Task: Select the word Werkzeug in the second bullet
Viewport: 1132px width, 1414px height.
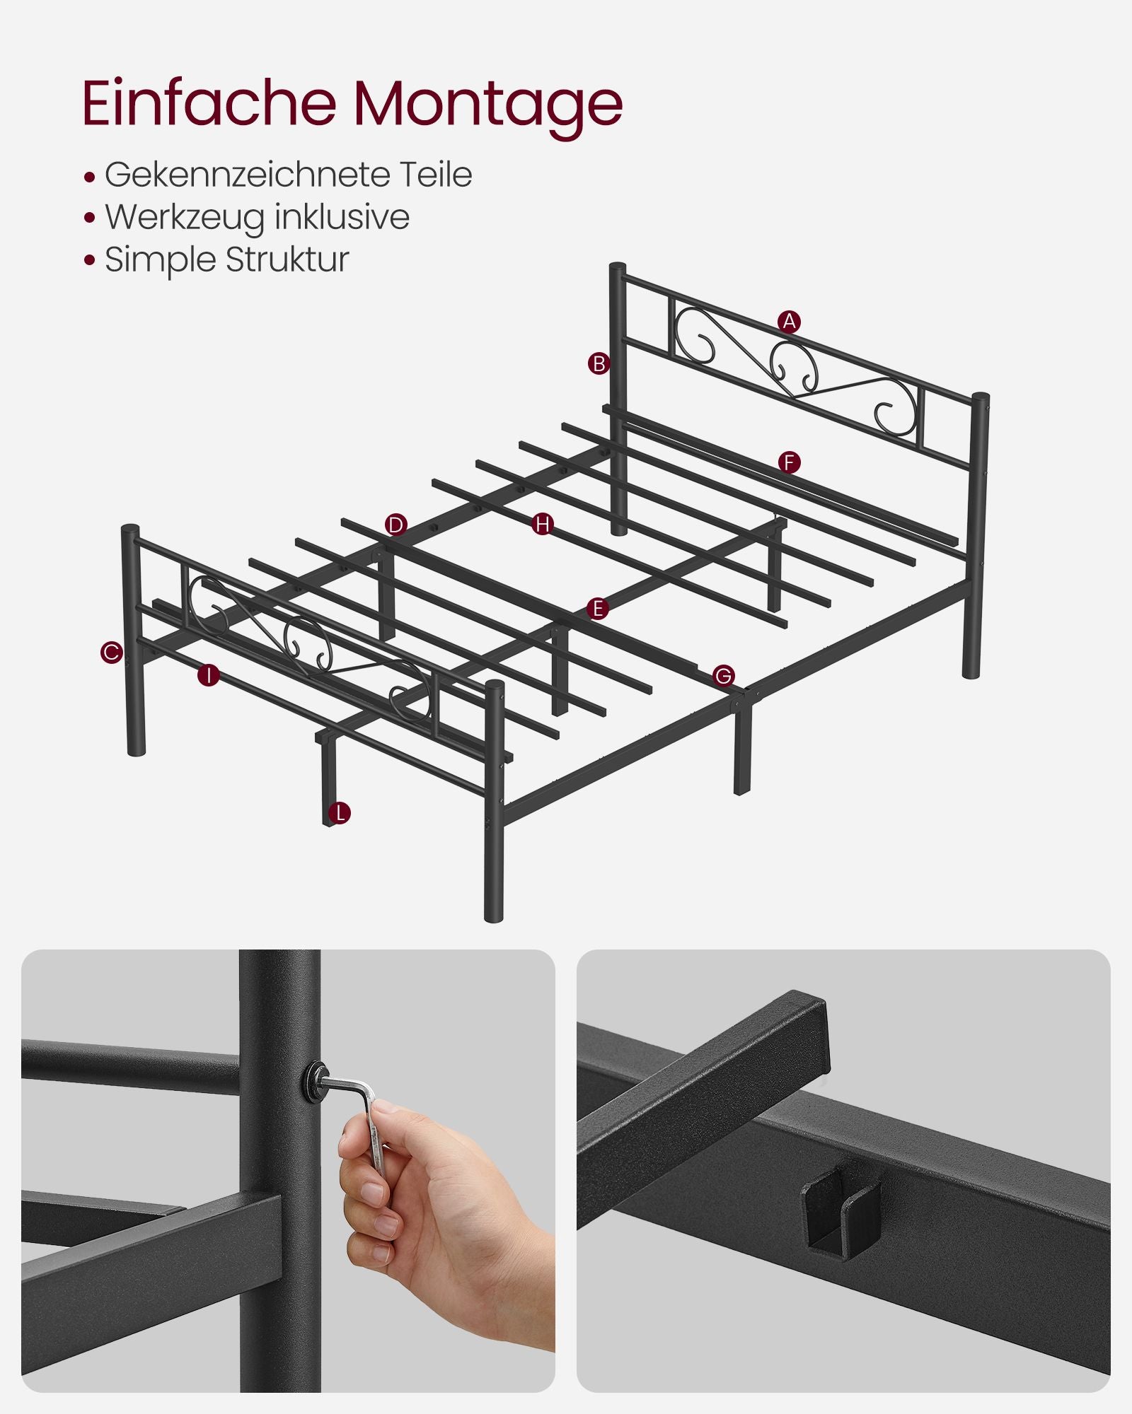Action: click(x=185, y=217)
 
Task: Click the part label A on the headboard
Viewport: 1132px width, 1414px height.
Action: click(x=789, y=322)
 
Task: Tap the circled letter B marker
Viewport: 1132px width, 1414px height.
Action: click(x=599, y=364)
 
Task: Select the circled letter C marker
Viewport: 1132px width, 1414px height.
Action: click(x=111, y=652)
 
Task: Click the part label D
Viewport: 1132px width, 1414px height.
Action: click(x=396, y=525)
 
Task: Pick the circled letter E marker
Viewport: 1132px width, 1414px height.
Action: click(x=598, y=609)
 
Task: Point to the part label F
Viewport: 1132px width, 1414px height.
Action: click(x=789, y=463)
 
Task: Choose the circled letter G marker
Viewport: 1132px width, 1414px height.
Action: click(x=723, y=676)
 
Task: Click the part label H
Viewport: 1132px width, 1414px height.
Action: click(x=543, y=524)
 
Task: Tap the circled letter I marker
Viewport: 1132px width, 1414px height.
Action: click(x=209, y=675)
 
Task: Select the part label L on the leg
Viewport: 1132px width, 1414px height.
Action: click(x=340, y=813)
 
